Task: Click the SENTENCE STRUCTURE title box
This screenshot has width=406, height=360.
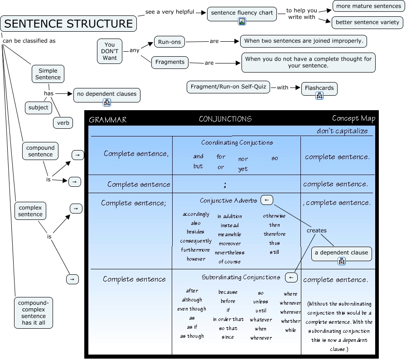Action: [x=68, y=24]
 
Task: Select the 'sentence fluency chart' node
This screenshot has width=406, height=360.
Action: [x=242, y=13]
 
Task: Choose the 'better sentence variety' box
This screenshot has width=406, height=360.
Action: [x=367, y=22]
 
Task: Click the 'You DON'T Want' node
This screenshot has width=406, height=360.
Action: [x=110, y=51]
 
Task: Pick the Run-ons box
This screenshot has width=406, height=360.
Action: [x=169, y=42]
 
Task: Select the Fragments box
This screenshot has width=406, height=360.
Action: [x=170, y=62]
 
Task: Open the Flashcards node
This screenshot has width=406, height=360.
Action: [x=319, y=88]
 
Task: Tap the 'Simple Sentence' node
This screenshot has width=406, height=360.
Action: [x=48, y=74]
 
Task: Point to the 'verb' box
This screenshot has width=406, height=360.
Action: [x=63, y=122]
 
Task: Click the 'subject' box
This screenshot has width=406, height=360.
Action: [x=38, y=107]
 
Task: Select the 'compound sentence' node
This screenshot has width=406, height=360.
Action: [x=40, y=151]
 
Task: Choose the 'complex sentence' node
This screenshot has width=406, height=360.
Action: [x=30, y=211]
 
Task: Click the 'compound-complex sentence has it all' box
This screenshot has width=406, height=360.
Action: [x=34, y=313]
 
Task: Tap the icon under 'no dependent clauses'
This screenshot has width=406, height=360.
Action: [x=107, y=102]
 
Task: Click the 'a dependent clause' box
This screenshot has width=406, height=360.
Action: [x=341, y=253]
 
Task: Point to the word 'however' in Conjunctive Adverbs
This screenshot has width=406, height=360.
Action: [x=196, y=259]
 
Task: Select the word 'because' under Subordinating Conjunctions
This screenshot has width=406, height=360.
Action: [x=228, y=292]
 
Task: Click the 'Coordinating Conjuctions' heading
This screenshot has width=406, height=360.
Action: [x=237, y=142]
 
